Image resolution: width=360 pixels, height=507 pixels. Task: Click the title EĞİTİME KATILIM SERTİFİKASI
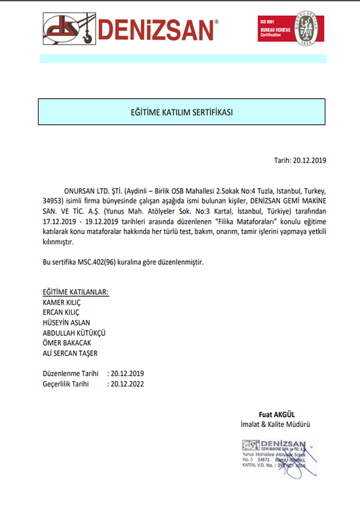[x=181, y=112]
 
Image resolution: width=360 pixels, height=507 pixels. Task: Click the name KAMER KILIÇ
[x=61, y=302]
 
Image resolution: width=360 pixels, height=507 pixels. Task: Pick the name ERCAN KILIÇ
[x=61, y=312]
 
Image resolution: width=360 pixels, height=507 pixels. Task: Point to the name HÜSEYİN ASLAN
[x=66, y=322]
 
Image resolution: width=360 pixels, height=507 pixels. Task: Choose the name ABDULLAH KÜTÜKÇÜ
[x=74, y=332]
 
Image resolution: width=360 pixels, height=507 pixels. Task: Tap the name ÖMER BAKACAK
[x=67, y=343]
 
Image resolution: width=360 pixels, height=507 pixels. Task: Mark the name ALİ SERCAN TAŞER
[x=70, y=353]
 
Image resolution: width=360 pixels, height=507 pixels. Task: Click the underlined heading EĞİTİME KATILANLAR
[x=76, y=292]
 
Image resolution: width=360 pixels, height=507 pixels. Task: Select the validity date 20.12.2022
[x=128, y=384]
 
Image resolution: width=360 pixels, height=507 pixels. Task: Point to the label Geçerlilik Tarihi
[x=66, y=384]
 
